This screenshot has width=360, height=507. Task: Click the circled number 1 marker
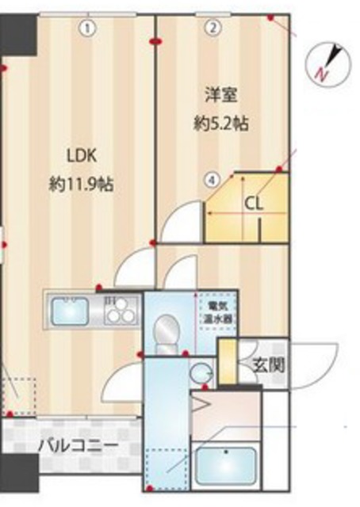coord(88,29)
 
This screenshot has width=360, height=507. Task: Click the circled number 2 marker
coord(213,29)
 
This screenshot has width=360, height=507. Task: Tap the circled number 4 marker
coord(212,180)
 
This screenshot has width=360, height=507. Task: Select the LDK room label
coord(81,155)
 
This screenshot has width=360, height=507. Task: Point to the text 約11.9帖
coord(81,185)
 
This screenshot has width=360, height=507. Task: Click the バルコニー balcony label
coord(79,446)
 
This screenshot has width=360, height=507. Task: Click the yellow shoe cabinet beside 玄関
coord(228,362)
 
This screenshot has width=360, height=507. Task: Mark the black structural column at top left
coord(17,36)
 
